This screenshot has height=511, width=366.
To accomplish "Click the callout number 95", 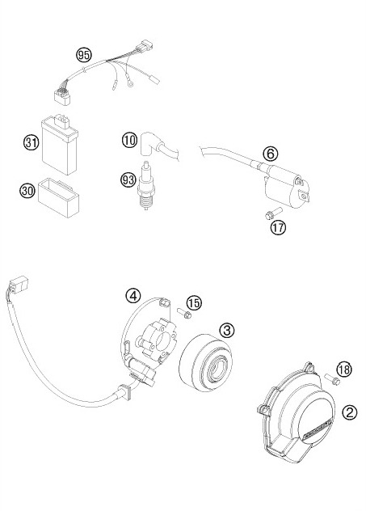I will tap(83, 55).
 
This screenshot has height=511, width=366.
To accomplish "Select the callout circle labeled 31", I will tap(32, 144).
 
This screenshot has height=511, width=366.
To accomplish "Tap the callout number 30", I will tap(27, 191).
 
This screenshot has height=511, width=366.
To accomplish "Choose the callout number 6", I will tap(270, 154).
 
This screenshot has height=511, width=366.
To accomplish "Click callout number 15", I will tap(194, 303).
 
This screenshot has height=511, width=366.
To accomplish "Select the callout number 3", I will tap(227, 330).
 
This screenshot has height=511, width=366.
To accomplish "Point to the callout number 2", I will tap(350, 412).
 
